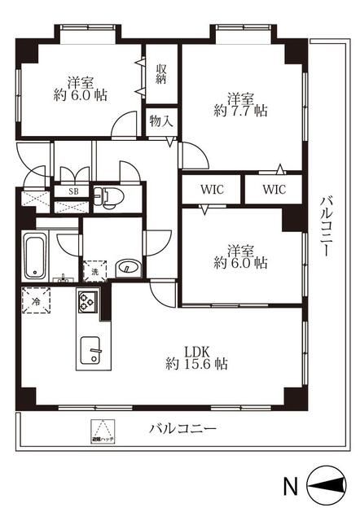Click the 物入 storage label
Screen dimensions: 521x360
[x=160, y=120]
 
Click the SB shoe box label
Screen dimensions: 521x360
[x=73, y=191]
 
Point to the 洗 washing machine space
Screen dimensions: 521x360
[x=94, y=271]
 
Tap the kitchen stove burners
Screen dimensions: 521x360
[x=87, y=302]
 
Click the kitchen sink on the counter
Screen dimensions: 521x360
[x=93, y=353]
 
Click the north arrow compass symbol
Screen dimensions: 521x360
[x=329, y=488]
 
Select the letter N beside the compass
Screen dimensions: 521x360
[x=290, y=488]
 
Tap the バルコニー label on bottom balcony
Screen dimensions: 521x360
[x=182, y=427]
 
